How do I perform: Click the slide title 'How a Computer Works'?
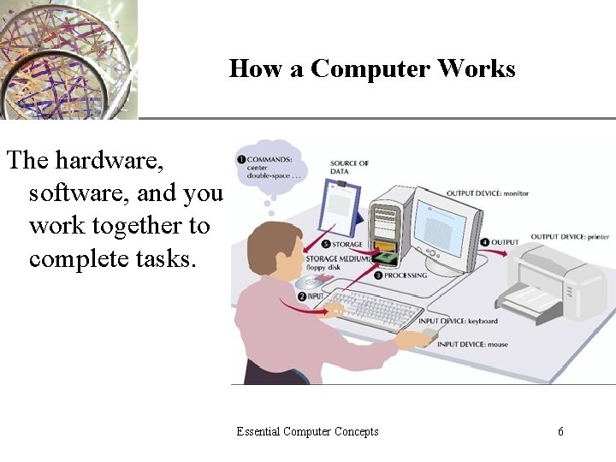372,68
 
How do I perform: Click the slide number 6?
560,431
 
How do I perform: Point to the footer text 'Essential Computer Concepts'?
307,431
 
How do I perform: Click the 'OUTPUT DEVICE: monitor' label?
487,193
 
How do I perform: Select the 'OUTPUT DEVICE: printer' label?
570,237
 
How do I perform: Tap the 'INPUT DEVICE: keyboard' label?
458,322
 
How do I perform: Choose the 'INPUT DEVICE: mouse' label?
472,344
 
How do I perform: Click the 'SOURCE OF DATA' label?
349,167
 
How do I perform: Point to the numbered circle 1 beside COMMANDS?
241,159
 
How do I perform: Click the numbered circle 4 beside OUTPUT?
483,242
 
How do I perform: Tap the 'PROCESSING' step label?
406,276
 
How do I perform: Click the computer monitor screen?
443,223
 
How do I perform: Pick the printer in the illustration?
556,282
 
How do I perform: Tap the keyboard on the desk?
376,310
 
